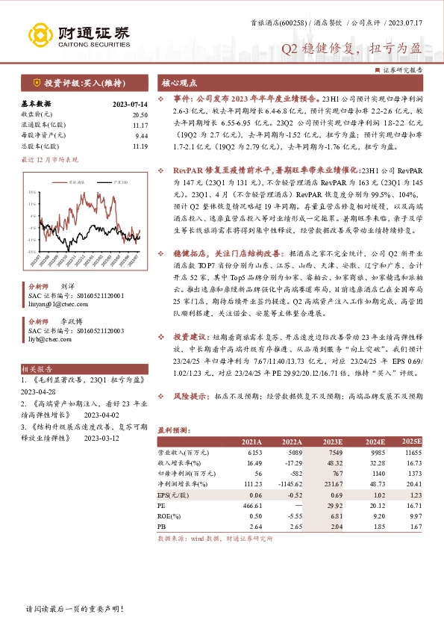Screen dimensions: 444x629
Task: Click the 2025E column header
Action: click(x=411, y=442)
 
